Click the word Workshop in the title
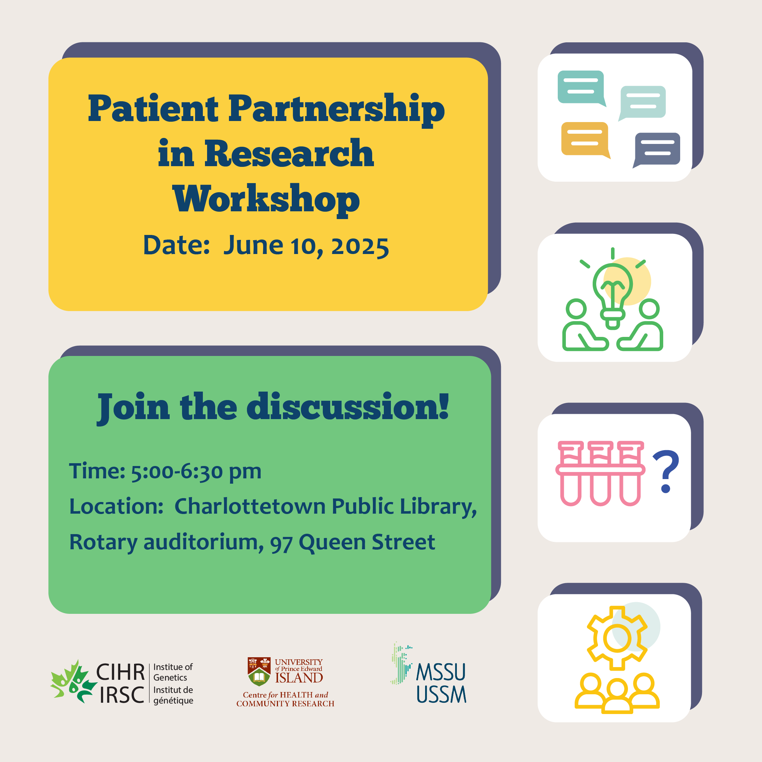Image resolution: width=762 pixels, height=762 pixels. coord(266,199)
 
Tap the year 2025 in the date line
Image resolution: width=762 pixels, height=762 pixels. coord(360,247)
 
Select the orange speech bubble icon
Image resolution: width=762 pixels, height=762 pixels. coord(585,140)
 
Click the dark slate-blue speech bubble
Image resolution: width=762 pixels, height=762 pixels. coord(656,150)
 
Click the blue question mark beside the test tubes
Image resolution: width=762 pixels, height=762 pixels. coord(666,471)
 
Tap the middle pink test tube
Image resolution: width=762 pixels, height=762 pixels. coord(600,473)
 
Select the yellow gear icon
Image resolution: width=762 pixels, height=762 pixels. coord(617,638)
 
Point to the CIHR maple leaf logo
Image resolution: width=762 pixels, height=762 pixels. coord(73,682)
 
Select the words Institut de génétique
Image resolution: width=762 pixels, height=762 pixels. coord(173,695)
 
